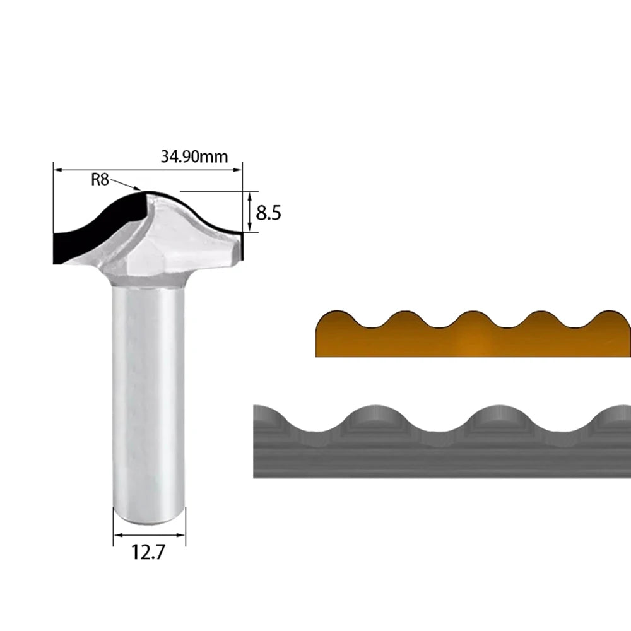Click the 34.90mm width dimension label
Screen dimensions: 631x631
coord(194,156)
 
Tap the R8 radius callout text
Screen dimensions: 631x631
coord(100,179)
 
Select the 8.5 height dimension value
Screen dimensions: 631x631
coord(268,213)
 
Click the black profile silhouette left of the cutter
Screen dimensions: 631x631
coord(97,230)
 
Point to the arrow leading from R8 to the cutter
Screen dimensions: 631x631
coord(125,184)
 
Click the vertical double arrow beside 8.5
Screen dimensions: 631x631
coord(249,212)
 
